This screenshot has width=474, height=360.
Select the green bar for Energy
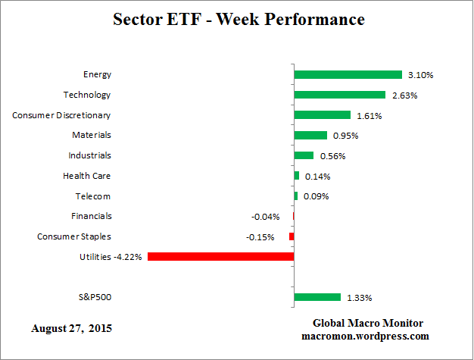(x=348, y=74)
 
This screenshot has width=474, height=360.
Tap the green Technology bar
(x=340, y=95)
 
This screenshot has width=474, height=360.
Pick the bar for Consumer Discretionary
(x=322, y=115)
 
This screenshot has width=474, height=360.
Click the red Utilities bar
(x=220, y=257)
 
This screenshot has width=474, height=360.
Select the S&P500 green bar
(x=317, y=297)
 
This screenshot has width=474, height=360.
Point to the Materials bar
(x=310, y=135)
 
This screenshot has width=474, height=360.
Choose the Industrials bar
(x=304, y=155)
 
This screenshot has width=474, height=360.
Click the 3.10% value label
(x=420, y=75)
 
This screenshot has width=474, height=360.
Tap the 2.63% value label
(x=404, y=95)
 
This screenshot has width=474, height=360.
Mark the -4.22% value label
(x=128, y=257)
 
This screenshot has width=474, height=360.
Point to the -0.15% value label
(x=260, y=237)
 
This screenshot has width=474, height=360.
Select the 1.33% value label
(x=360, y=298)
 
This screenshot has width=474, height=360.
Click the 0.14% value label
(x=317, y=177)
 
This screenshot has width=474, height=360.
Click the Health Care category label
(x=87, y=176)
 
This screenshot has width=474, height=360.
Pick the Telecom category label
(x=94, y=196)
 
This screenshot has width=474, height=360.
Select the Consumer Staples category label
(x=74, y=236)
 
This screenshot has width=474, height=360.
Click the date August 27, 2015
(x=75, y=329)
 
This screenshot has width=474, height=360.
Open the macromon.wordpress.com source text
(x=366, y=336)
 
